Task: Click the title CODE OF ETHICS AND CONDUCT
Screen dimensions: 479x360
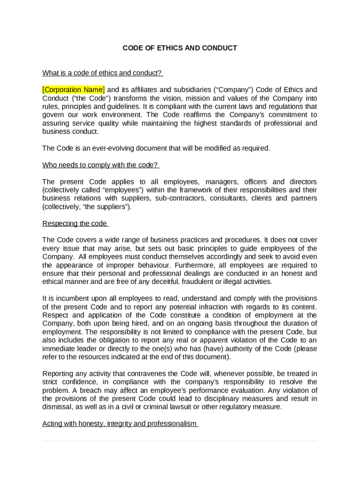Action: coord(180,48)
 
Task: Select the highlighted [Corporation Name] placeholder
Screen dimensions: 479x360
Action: coord(73,90)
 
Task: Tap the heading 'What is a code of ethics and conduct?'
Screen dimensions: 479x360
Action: coord(102,73)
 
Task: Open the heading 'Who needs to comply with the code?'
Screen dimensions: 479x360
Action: coord(101,165)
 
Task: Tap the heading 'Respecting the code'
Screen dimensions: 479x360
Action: coord(75,224)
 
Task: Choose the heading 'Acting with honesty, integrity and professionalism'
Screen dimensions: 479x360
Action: coord(120,424)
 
